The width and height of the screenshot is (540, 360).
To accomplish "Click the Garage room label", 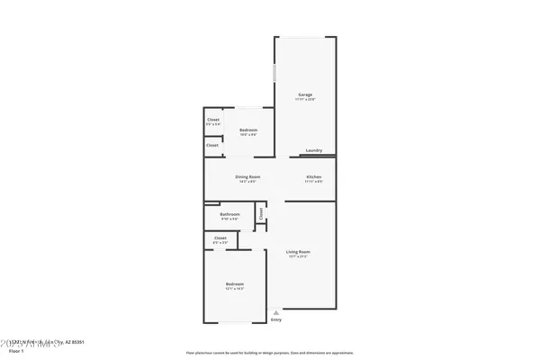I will pos(305,94).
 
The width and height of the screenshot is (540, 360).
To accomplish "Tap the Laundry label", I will pos(314,150).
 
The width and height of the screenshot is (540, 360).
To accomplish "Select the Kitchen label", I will pos(314,177).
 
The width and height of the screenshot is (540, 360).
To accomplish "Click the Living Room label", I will pos(298,252).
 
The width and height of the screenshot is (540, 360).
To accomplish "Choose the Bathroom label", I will pos(229,214).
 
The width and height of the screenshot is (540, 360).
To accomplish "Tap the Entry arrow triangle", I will pos(276,312).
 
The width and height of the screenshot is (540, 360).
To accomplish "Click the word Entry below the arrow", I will pos(276,319).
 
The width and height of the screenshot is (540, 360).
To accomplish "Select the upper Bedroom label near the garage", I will pos(248,130).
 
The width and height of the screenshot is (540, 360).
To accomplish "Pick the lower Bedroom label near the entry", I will pos(234,283).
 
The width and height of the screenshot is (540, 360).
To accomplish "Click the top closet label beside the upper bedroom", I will pos(213,119).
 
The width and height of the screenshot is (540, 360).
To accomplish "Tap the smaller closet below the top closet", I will pos(212,145).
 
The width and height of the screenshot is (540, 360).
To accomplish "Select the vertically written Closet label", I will pos(261,214).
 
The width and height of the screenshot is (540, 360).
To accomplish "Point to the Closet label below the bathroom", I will pos(220,238).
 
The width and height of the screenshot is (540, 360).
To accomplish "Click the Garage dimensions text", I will pos(305,99).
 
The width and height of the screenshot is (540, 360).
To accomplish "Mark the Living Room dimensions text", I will pos(298,256).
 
